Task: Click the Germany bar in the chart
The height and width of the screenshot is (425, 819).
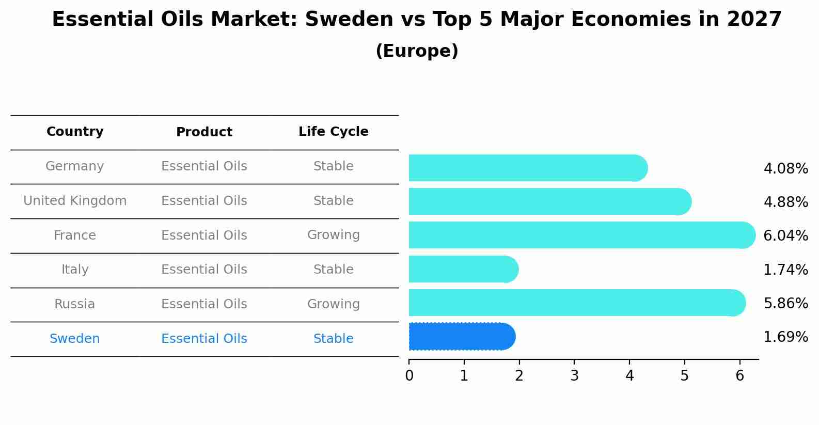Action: [527, 168]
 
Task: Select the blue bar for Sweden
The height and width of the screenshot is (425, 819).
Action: [461, 337]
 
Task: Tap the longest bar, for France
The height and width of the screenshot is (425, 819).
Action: [581, 235]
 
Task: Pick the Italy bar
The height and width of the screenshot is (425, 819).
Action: [463, 269]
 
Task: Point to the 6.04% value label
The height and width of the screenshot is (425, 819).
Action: [785, 236]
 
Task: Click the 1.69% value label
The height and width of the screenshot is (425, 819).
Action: [785, 337]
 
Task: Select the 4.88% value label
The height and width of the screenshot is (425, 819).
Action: [785, 202]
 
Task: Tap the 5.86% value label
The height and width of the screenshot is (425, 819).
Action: [785, 304]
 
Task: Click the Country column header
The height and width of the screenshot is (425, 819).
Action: [75, 132]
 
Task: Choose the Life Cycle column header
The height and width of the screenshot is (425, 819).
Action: [333, 132]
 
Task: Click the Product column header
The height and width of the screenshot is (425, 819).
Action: [204, 132]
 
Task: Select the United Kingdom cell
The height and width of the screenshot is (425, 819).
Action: [75, 201]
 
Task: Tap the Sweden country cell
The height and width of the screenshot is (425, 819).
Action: [75, 339]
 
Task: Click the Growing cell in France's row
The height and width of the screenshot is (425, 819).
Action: [333, 235]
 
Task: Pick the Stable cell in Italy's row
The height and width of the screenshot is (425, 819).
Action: [333, 270]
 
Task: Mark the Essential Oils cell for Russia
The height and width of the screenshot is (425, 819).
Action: [204, 304]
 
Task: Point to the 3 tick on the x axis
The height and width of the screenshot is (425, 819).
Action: [574, 376]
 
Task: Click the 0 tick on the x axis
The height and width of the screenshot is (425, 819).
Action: [409, 376]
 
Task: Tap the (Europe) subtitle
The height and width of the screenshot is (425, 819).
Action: [417, 51]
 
